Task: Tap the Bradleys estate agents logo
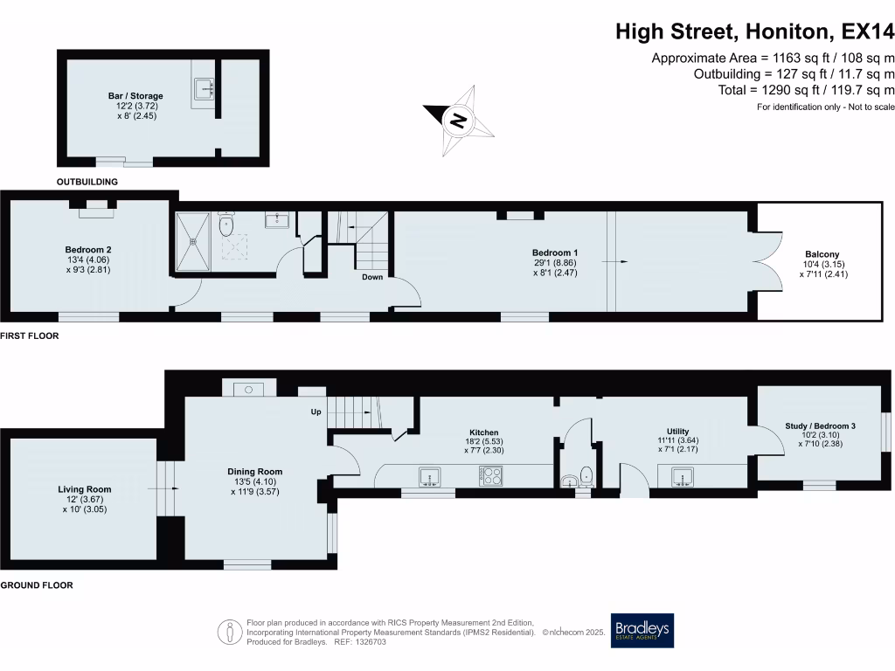[642, 630]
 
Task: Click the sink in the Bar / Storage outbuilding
[206, 88]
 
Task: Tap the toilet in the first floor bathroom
[226, 225]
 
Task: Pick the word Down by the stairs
[373, 279]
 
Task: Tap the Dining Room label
[254, 472]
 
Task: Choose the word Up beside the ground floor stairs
[316, 412]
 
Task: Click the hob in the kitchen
[489, 475]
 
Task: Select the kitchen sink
[429, 475]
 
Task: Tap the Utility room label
[678, 431]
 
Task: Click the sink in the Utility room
[683, 476]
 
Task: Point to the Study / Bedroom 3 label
[820, 426]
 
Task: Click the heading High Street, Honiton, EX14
[755, 31]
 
